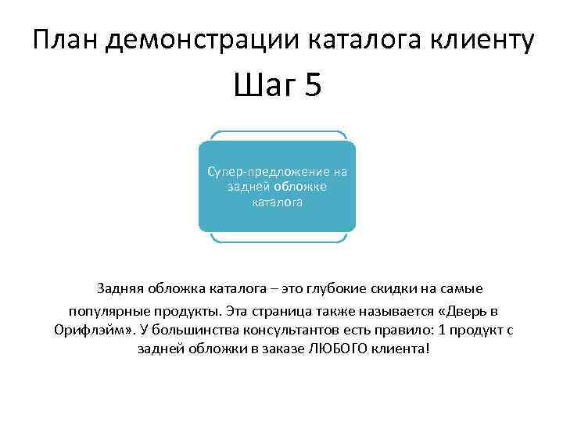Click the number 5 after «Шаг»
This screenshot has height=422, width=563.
coord(313,85)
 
